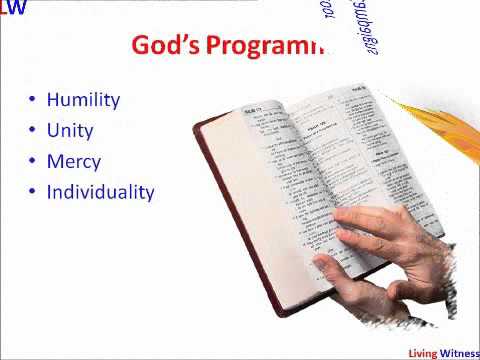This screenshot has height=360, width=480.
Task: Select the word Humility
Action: click(x=83, y=100)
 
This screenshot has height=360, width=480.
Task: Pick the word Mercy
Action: click(x=74, y=161)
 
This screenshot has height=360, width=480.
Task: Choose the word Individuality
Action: click(x=100, y=191)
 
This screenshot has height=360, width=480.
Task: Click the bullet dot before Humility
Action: click(x=32, y=101)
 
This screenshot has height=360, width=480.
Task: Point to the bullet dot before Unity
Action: click(x=32, y=131)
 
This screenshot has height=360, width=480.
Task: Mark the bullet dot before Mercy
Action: click(x=32, y=162)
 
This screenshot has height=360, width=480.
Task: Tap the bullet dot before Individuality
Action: click(x=32, y=192)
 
